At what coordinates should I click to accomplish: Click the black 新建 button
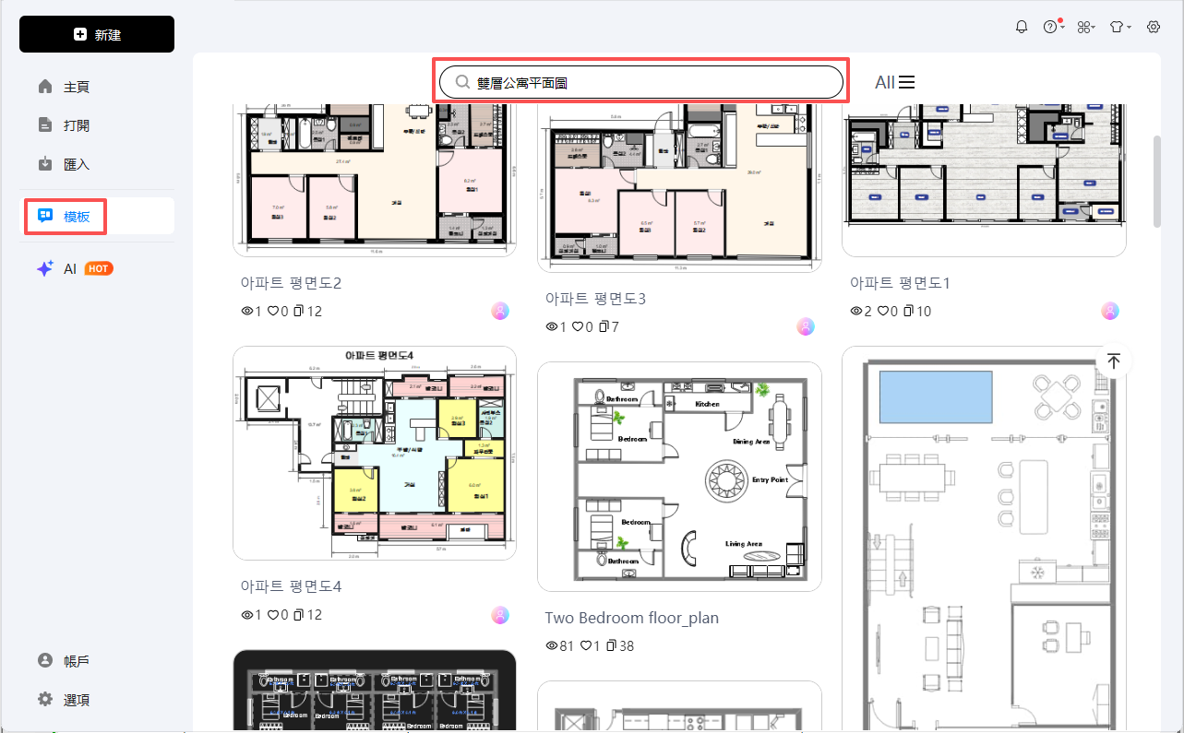click(97, 34)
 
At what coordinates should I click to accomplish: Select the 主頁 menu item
click(76, 87)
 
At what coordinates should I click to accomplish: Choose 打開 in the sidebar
click(76, 125)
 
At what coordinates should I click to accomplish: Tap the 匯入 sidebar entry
click(76, 164)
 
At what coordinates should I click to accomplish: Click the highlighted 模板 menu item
click(76, 216)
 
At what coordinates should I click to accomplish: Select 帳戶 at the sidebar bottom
click(76, 661)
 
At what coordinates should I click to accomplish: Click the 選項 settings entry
click(76, 700)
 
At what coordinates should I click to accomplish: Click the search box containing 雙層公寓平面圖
click(640, 82)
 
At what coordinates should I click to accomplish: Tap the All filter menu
click(894, 82)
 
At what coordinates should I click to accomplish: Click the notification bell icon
click(1022, 27)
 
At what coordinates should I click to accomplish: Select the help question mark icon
click(1050, 27)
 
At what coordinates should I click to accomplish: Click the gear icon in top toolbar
click(1154, 27)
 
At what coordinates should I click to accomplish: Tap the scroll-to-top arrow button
click(1114, 361)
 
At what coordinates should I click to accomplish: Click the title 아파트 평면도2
click(291, 283)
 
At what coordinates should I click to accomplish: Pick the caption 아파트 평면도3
click(595, 299)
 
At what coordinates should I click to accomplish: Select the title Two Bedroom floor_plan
click(631, 618)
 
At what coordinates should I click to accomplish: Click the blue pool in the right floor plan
click(936, 396)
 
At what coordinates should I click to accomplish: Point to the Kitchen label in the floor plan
click(707, 404)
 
